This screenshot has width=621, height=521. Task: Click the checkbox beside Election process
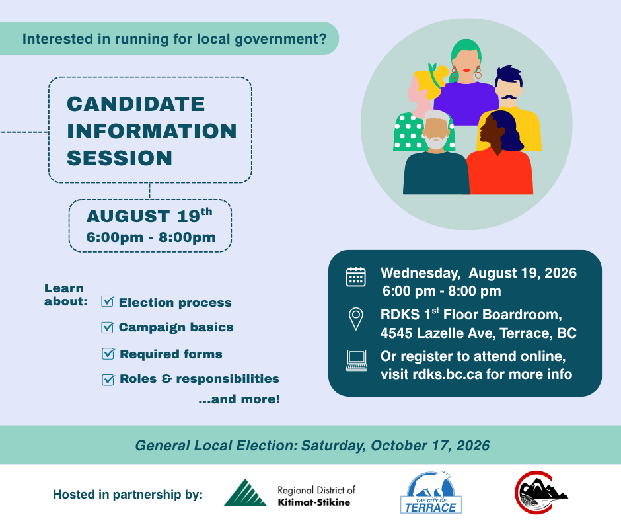(x=107, y=301)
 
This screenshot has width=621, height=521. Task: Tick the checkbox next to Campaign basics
(x=107, y=327)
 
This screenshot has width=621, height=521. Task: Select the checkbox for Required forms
(x=108, y=354)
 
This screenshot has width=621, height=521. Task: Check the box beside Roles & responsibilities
(x=108, y=380)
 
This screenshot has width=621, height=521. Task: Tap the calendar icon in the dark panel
(x=355, y=276)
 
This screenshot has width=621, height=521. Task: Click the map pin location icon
(x=355, y=319)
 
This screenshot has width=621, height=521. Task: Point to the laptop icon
(x=357, y=360)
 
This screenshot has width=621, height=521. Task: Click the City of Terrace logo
(x=431, y=493)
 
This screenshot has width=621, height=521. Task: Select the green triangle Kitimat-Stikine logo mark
(x=245, y=493)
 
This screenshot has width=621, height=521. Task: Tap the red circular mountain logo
(x=540, y=493)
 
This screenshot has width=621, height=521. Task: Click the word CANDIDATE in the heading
(x=136, y=104)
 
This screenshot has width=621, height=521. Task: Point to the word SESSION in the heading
(x=120, y=158)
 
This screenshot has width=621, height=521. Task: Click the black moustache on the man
(x=509, y=97)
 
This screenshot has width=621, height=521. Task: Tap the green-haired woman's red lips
(x=467, y=71)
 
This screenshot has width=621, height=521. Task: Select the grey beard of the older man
(x=435, y=143)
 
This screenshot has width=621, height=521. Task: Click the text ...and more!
(x=239, y=399)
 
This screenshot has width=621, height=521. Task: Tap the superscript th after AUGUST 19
(x=206, y=212)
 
